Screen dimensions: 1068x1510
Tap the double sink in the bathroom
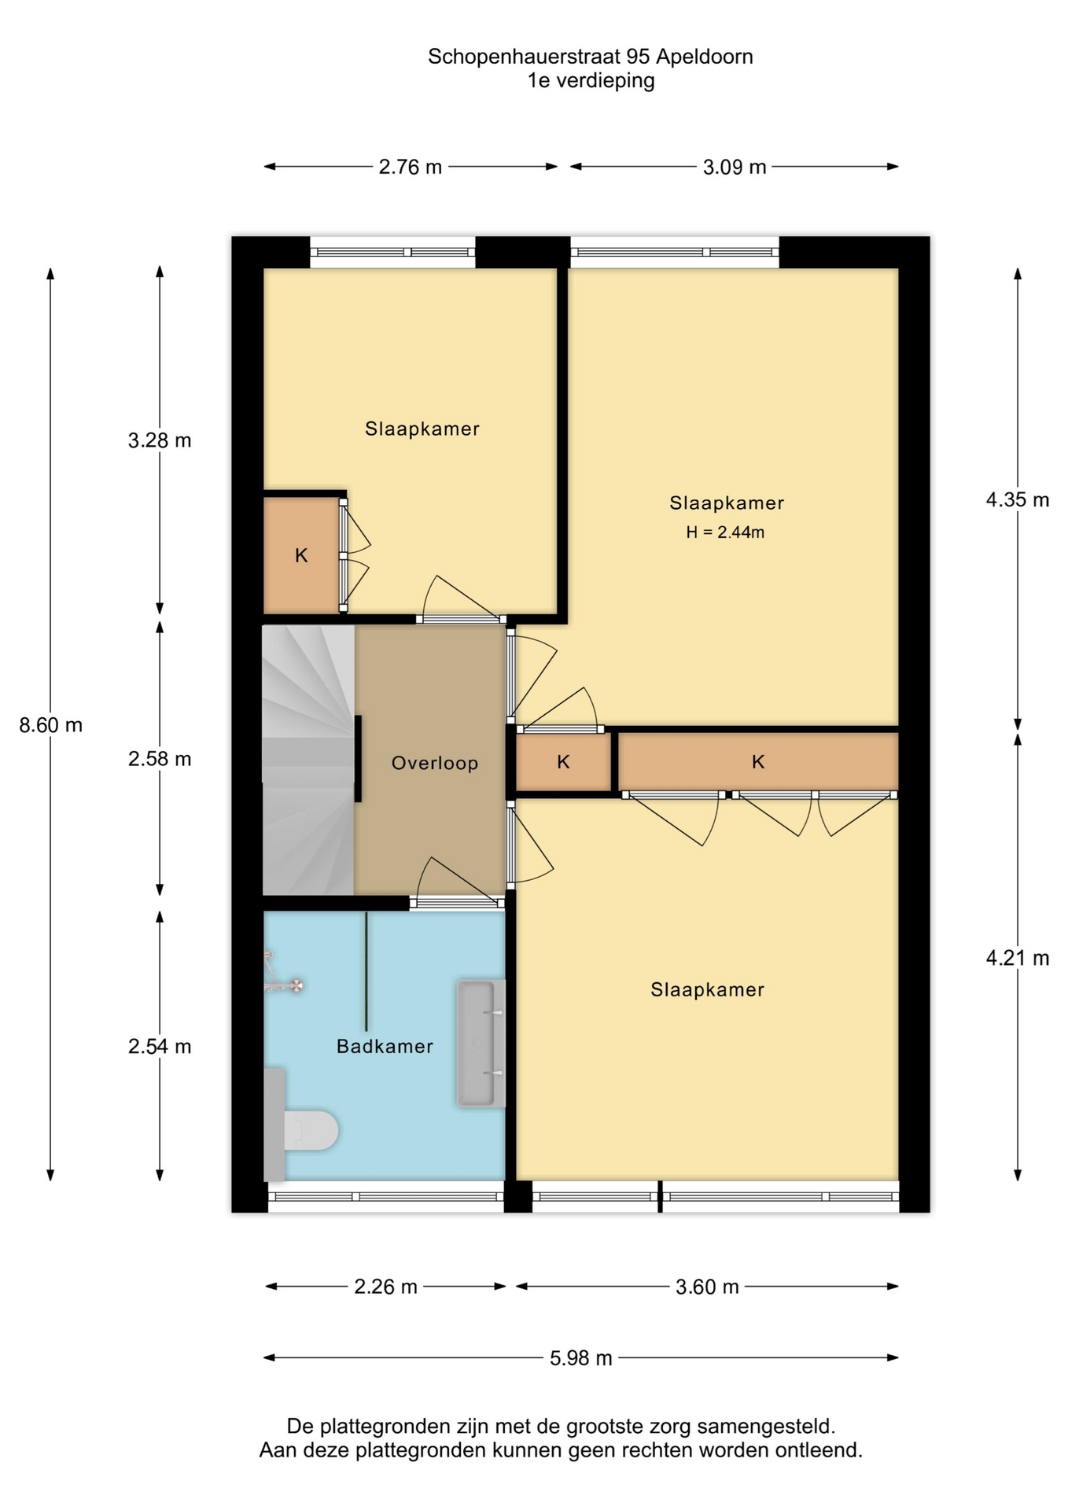point(481,1044)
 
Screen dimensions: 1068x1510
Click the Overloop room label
point(435,763)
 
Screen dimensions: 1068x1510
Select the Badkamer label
point(385,1046)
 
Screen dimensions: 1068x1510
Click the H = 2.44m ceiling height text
point(725,532)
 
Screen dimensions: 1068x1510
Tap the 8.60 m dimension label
point(51,725)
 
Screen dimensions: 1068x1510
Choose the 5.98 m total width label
point(581,1358)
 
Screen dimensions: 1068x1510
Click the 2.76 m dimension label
point(411,167)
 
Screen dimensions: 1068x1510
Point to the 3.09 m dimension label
point(735,167)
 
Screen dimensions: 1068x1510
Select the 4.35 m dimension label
point(1018,500)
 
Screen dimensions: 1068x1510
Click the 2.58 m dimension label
point(160,759)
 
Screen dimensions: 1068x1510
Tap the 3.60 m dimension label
point(707,1287)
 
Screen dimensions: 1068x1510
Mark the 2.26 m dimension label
point(385,1287)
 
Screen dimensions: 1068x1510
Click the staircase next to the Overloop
point(308,760)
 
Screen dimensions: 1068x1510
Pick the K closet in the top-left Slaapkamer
point(302,554)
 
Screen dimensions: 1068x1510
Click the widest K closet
point(758,761)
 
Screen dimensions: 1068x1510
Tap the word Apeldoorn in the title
point(705,57)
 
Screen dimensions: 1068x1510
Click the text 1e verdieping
point(591,80)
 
